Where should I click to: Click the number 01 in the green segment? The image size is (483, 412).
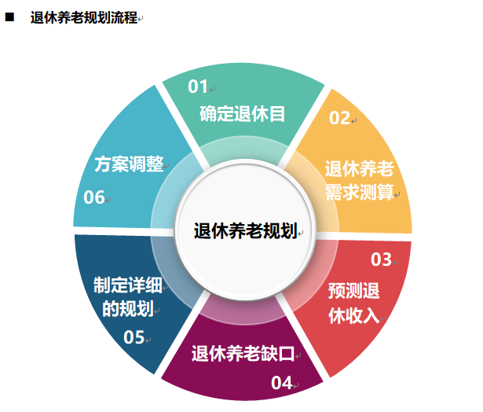click(x=197, y=86)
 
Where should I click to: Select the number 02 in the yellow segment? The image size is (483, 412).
click(x=339, y=118)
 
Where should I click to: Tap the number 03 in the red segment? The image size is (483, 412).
click(x=381, y=259)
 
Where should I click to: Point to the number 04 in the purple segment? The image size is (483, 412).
click(x=281, y=383)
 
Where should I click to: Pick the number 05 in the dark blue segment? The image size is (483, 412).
click(x=134, y=337)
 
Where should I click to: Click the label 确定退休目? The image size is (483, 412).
click(x=242, y=112)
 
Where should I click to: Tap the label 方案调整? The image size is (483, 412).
click(x=129, y=164)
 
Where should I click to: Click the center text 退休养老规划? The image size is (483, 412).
click(x=244, y=231)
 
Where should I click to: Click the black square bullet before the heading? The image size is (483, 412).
click(x=10, y=17)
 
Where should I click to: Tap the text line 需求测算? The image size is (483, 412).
click(x=360, y=192)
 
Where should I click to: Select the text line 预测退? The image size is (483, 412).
click(x=353, y=292)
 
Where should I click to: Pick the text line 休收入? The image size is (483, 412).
click(x=353, y=315)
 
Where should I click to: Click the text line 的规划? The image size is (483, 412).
click(x=127, y=308)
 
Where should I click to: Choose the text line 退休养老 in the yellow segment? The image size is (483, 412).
click(x=360, y=168)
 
